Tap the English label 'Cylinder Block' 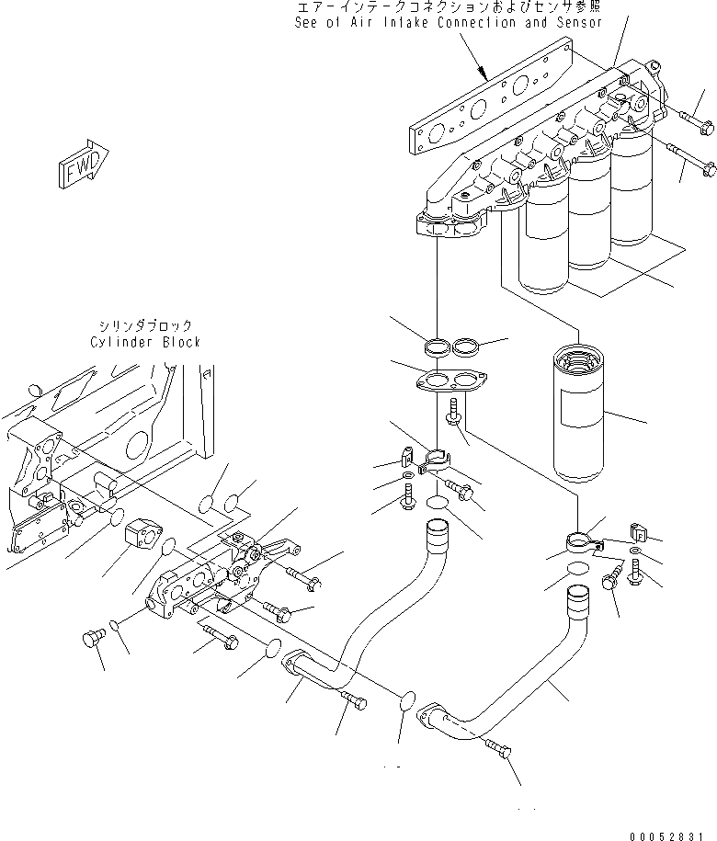point(145,342)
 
